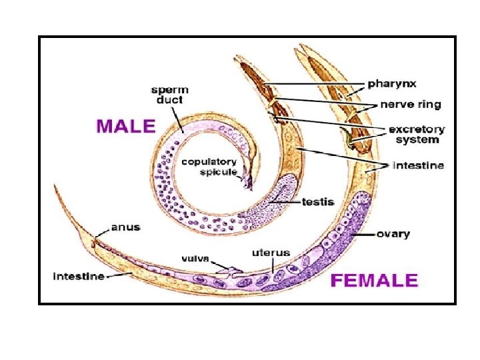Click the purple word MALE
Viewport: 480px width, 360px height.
[x=126, y=125]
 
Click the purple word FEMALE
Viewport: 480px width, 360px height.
[x=374, y=280]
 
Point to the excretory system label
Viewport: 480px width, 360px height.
[x=417, y=134]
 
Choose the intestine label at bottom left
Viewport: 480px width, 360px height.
[x=79, y=276]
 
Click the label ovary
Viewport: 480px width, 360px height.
[x=393, y=234]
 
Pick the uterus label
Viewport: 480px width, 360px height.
[x=271, y=253]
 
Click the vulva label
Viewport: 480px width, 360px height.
[x=196, y=257]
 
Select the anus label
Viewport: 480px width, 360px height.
[x=125, y=227]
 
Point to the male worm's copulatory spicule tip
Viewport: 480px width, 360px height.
[x=249, y=186]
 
